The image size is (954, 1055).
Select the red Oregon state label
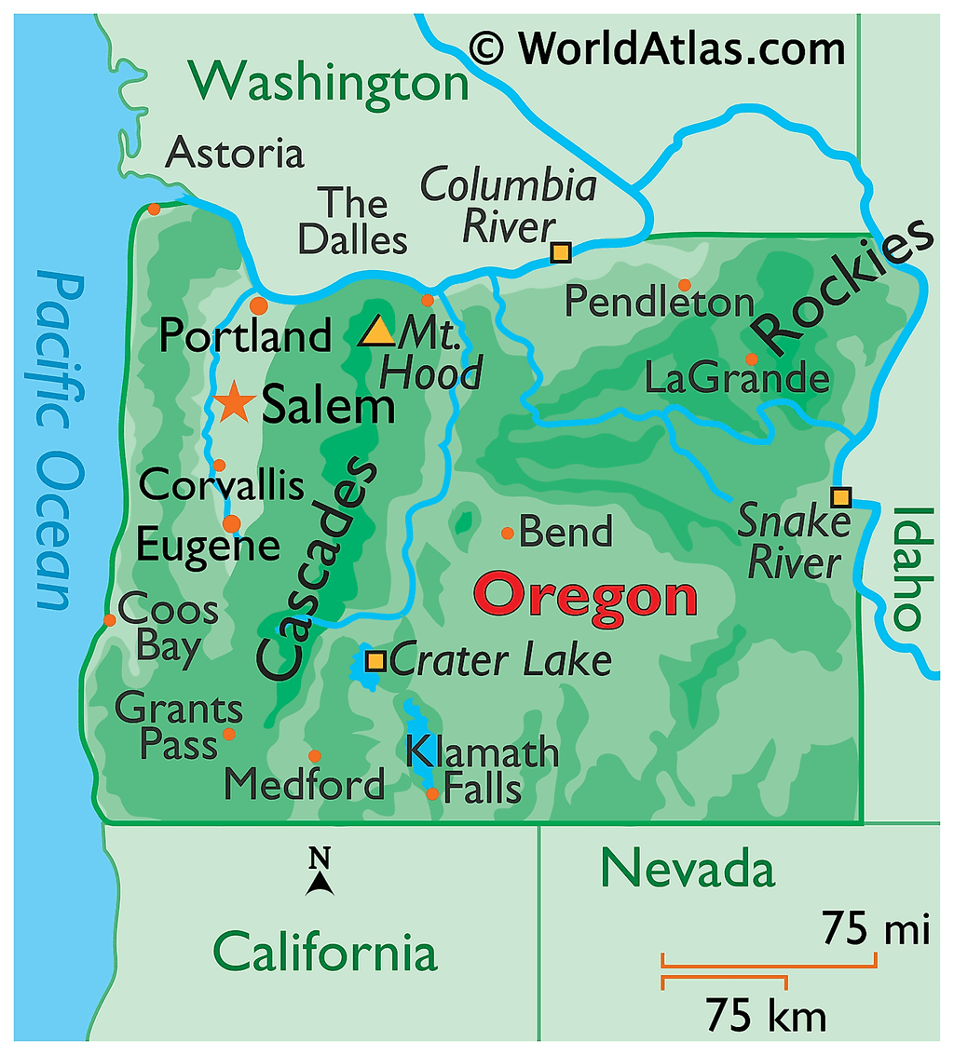586,597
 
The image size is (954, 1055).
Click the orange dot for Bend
508,534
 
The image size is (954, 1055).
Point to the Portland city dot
259,305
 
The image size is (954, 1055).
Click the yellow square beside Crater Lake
375,661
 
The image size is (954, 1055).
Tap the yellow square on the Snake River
841,495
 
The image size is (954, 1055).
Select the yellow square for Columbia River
560,252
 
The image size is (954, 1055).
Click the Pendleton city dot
685,285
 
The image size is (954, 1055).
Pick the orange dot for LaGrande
751,359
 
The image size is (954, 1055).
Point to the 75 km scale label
766,1014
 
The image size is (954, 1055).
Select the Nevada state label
688,868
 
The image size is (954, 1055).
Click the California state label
325,953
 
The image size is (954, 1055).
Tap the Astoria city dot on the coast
154,209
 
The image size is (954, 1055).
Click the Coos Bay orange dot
110,620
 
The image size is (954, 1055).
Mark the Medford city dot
315,756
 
